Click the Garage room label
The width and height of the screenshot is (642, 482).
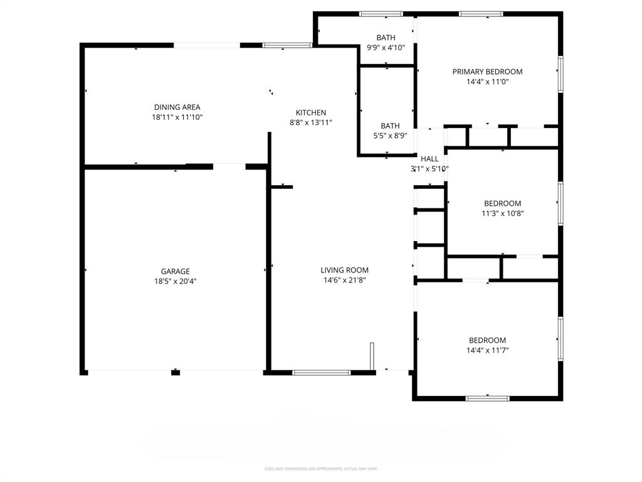click(x=175, y=271)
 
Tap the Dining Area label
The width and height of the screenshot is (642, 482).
click(x=177, y=107)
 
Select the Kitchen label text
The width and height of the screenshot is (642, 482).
click(x=311, y=112)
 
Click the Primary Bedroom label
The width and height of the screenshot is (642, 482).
click(x=487, y=72)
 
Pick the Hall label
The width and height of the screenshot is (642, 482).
click(x=429, y=159)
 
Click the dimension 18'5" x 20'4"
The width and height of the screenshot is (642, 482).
click(x=175, y=281)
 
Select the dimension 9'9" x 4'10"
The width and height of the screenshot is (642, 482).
click(x=386, y=48)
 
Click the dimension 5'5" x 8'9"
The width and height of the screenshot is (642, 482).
click(x=389, y=135)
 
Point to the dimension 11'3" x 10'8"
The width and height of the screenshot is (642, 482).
click(x=502, y=213)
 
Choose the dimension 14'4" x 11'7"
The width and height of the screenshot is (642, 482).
click(x=487, y=350)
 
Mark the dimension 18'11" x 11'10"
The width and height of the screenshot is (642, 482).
click(x=177, y=117)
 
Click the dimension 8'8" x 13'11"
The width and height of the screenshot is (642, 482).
click(x=311, y=122)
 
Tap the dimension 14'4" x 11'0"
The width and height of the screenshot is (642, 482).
click(x=487, y=82)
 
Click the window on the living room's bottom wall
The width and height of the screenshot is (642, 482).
click(x=322, y=373)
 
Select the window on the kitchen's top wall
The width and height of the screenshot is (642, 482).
click(x=287, y=45)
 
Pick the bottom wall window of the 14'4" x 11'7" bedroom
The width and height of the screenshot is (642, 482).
click(x=488, y=398)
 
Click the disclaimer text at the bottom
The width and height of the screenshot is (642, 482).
click(x=321, y=469)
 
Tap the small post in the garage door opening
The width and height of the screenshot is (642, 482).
click(x=176, y=373)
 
